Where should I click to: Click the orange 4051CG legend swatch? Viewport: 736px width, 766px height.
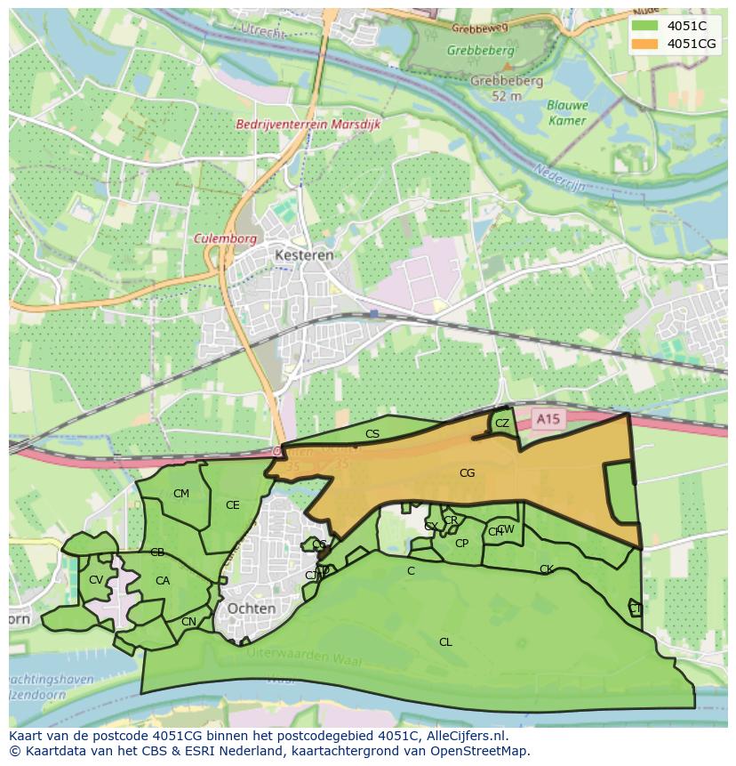point(645,44)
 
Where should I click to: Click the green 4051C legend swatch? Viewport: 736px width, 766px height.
point(645,26)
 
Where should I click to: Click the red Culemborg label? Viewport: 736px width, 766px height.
point(225,239)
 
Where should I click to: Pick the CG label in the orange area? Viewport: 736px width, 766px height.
point(467,473)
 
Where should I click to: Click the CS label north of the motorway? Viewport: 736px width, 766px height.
point(372,434)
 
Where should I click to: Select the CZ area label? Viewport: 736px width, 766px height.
point(502,423)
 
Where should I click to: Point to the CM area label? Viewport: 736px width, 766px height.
point(181,494)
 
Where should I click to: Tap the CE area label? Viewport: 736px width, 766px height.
point(232,505)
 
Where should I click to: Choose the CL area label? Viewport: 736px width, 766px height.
point(445,642)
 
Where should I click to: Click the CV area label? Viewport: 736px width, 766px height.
point(95,580)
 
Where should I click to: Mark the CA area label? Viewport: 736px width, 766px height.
point(162,581)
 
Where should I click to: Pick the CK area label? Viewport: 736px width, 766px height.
point(546,569)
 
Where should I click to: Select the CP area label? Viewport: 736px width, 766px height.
point(461,544)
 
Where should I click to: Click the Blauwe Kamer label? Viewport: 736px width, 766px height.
point(567,113)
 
